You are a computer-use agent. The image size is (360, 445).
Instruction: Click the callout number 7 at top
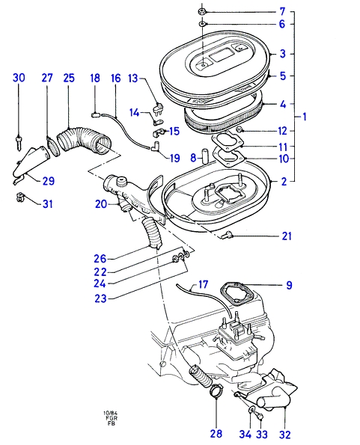pos(282,12)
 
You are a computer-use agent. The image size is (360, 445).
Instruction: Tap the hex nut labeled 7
pos(202,12)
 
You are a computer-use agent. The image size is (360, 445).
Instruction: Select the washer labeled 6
pos(203,24)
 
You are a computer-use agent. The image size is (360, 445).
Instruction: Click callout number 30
pos(19,78)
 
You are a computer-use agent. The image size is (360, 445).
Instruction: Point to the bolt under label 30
pos(19,143)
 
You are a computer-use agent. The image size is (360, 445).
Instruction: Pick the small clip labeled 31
pos(20,197)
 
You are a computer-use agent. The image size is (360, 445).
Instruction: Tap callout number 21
pos(287,236)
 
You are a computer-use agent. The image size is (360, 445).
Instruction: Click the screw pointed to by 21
pos(227,235)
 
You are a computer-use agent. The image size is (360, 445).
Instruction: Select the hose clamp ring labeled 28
pos(216,392)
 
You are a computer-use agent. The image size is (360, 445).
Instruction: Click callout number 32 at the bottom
pos(284,435)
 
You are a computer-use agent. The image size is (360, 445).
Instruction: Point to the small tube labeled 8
pos(205,155)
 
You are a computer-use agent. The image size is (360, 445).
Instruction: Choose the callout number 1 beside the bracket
pos(305,117)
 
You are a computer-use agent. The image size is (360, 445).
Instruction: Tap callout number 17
pos(204,284)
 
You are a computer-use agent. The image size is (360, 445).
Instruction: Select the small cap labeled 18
pos(95,114)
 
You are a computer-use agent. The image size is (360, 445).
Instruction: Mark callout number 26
pos(100,259)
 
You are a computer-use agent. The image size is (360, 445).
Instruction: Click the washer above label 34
pos(251,411)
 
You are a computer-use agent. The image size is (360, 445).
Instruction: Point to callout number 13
pos(133,78)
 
